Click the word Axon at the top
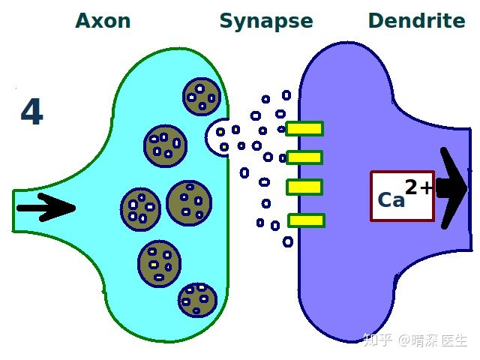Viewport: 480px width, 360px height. (103, 21)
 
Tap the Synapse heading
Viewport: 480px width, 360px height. (266, 22)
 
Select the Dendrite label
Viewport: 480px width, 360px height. (417, 20)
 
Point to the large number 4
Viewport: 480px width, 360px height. (31, 112)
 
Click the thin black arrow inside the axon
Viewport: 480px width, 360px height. (46, 208)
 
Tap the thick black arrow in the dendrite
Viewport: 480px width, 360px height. (452, 188)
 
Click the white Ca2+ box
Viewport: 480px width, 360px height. (402, 196)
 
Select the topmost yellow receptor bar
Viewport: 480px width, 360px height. (304, 129)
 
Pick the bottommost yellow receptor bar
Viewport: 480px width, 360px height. (306, 220)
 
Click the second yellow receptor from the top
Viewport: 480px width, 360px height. (304, 157)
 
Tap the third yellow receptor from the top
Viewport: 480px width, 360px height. (304, 187)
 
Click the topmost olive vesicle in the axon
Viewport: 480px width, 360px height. (202, 97)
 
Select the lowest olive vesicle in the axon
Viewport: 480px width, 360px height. (198, 300)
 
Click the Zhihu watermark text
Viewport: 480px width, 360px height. (415, 340)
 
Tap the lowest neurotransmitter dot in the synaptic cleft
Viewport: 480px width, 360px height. (288, 241)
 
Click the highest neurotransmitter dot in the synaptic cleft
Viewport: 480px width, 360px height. (286, 95)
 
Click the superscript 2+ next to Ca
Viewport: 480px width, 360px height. (418, 187)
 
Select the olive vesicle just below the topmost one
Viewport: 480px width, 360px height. (165, 145)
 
